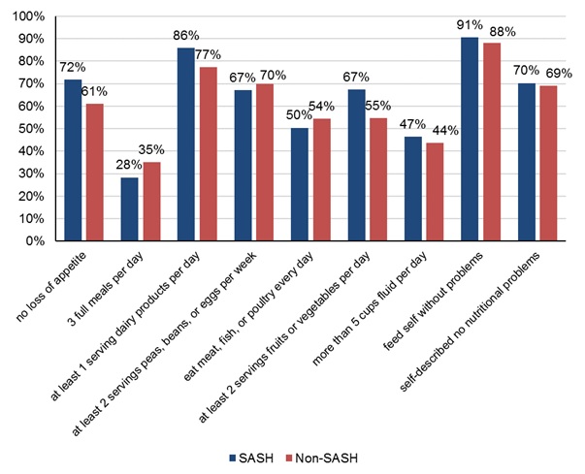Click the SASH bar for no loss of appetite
coord(73,160)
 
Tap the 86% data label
coord(187,36)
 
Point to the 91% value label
coord(471,25)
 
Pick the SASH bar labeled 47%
coord(412,188)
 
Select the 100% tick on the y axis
coord(29,16)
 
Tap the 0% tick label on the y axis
coord(36,241)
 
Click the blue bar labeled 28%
coord(129,209)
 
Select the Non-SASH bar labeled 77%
coord(206,154)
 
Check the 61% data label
coord(93,91)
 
